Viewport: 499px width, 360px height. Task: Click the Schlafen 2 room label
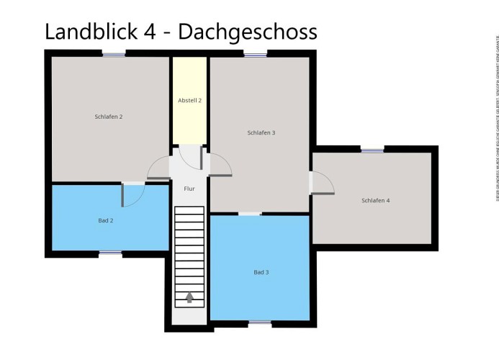109,116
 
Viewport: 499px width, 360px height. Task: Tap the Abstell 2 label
189,100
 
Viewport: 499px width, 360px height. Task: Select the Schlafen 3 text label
261,132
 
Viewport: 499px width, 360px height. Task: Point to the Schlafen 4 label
375,200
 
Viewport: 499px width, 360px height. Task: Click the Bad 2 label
106,220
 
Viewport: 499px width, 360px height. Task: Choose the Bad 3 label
261,272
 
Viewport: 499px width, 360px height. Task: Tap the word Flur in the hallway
189,189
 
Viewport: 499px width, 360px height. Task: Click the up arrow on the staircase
189,297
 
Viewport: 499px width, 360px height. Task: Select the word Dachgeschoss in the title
247,32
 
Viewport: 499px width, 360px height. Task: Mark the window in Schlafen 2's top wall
113,53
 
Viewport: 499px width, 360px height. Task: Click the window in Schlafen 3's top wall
255,53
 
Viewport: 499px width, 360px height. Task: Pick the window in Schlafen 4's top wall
372,149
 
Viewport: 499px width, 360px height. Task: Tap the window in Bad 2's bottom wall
109,253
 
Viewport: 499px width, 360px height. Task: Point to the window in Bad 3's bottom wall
260,323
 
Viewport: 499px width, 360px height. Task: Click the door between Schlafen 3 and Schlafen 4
320,183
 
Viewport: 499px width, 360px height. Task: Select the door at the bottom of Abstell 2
190,154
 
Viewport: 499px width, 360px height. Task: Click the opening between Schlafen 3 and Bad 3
250,213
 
